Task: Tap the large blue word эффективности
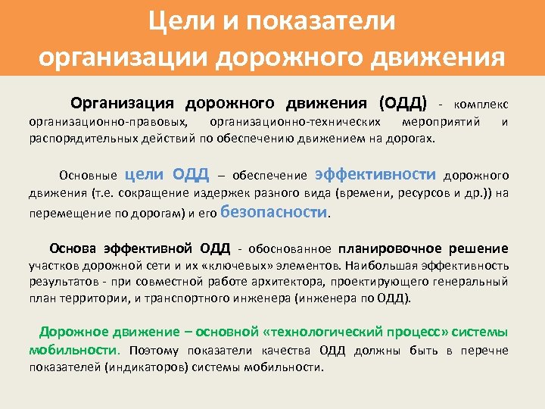coord(375,174)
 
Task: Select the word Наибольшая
coord(384,266)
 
